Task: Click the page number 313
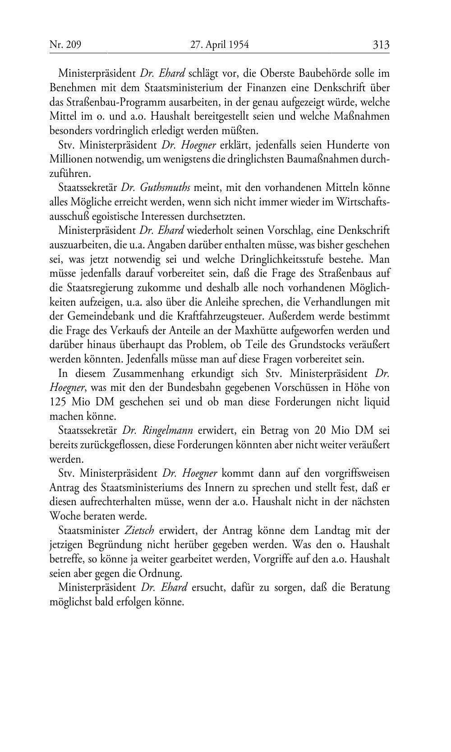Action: (381, 45)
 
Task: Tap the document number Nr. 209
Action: (65, 45)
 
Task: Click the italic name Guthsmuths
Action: (165, 187)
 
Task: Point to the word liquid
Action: (377, 402)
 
